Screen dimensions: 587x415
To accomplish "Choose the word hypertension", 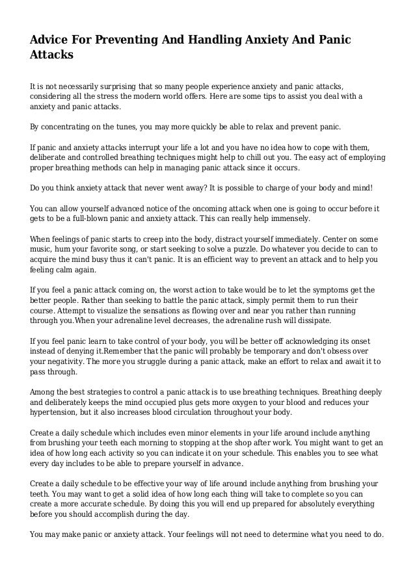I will coord(57,415).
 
